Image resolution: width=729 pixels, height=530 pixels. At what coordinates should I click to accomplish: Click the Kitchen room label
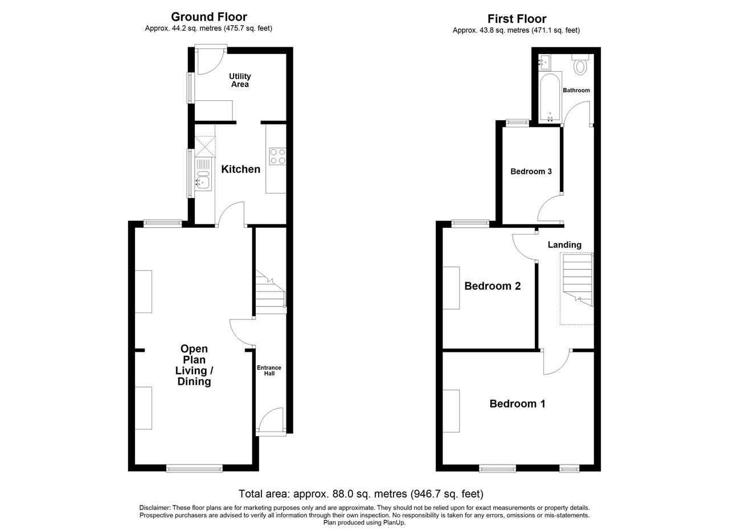pos(240,169)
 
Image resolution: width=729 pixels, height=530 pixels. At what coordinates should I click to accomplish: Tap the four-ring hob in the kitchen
pos(277,157)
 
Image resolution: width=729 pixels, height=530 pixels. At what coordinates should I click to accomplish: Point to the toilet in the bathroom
pos(580,64)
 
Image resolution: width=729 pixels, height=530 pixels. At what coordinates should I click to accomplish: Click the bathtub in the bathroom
pos(550,97)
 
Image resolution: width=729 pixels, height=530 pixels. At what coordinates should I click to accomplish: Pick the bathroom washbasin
pos(544,62)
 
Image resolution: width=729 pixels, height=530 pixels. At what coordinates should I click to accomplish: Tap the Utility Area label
pos(240,80)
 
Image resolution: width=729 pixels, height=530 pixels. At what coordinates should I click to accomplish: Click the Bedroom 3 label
pos(531,171)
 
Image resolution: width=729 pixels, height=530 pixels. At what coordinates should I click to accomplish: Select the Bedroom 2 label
pos(493,286)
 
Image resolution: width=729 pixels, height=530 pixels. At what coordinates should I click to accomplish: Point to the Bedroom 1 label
pos(517,404)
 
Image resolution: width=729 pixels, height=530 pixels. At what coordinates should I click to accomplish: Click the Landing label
pos(564,245)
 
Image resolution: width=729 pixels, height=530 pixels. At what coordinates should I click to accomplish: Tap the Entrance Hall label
pos(269,371)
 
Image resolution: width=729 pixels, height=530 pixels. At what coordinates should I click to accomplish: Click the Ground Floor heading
pos(209,17)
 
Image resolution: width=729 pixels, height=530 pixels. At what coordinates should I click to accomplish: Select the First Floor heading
pos(517,19)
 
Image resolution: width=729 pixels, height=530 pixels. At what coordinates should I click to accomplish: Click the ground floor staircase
pos(271,292)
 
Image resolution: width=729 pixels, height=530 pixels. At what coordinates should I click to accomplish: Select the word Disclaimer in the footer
pos(154,508)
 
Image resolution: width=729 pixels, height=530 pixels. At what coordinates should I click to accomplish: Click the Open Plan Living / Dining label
pos(194,365)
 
